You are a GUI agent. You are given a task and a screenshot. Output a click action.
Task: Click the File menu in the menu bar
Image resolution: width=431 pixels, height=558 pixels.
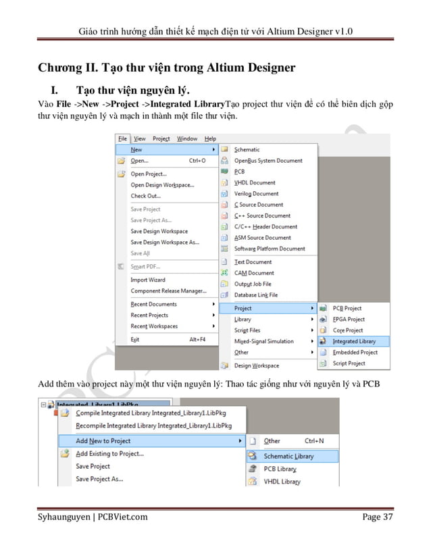tap(122, 138)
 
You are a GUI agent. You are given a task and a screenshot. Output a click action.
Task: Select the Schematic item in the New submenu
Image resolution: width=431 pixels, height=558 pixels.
tap(247, 149)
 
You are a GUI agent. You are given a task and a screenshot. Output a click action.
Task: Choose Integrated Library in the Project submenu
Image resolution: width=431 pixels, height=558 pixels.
tap(354, 341)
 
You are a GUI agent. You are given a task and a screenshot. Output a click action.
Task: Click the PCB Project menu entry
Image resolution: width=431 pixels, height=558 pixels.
tap(347, 308)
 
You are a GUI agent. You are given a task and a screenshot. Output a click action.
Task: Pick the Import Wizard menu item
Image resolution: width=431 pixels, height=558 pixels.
tap(147, 280)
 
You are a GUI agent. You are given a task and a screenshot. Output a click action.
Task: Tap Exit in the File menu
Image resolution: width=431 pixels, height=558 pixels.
tap(134, 339)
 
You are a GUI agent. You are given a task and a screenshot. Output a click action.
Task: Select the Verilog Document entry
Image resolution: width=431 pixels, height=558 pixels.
tap(256, 193)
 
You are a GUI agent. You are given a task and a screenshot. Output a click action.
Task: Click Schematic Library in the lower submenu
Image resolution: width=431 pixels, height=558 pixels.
tap(288, 456)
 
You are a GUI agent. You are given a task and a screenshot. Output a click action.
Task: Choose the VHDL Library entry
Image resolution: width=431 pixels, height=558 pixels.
tap(282, 482)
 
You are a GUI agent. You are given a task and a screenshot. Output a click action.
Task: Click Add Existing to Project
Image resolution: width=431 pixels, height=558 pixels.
tap(109, 454)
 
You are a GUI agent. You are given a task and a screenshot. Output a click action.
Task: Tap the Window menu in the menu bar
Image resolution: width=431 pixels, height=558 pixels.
tap(187, 138)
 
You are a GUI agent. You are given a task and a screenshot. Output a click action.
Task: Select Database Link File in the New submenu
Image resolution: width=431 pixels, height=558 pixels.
tap(255, 295)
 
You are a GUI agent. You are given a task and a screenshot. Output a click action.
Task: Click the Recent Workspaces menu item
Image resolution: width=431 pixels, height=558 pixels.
tap(154, 326)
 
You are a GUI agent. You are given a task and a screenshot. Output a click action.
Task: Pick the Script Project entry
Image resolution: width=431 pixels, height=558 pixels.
tap(349, 363)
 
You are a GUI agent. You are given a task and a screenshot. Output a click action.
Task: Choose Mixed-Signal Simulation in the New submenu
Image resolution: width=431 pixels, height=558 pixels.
tap(263, 341)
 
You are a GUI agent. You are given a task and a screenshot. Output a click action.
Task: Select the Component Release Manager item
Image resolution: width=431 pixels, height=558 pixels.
tap(168, 290)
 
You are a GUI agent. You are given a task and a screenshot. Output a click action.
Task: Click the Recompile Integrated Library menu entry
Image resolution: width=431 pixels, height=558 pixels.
tap(153, 426)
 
